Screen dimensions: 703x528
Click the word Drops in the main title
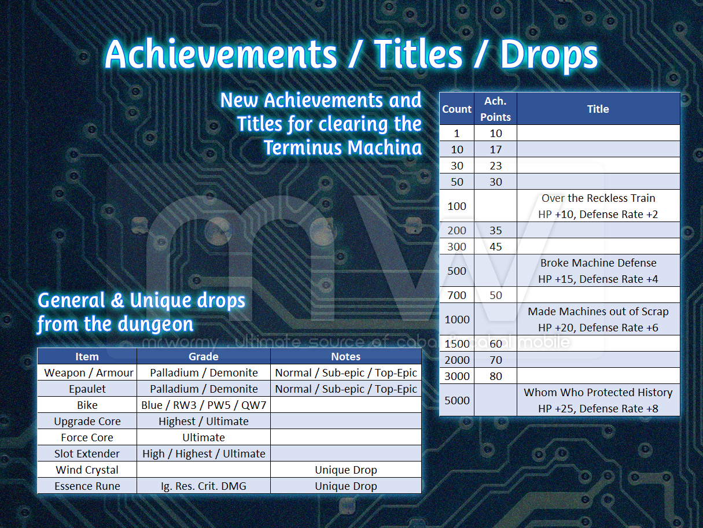pyautogui.click(x=549, y=54)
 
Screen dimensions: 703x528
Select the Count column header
pyautogui.click(x=457, y=109)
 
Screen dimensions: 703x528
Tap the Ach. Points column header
pyautogui.click(x=495, y=109)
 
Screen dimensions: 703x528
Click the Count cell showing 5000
pyautogui.click(x=457, y=400)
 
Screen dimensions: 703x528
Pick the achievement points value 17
pyautogui.click(x=495, y=149)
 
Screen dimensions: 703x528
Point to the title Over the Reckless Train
pyautogui.click(x=598, y=198)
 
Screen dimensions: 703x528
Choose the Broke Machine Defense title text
pyautogui.click(x=598, y=263)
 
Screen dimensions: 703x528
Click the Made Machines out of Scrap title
pyautogui.click(x=598, y=311)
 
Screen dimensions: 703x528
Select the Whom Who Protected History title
pyautogui.click(x=598, y=392)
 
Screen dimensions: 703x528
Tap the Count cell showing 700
pyautogui.click(x=457, y=295)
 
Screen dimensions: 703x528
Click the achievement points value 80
pyautogui.click(x=495, y=376)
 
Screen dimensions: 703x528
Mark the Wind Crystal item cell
pyautogui.click(x=87, y=470)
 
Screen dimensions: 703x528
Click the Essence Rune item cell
pyautogui.click(x=87, y=486)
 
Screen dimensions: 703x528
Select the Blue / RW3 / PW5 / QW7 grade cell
pyautogui.click(x=204, y=405)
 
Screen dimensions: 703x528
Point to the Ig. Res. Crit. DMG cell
pyautogui.click(x=204, y=486)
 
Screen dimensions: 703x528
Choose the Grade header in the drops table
pyautogui.click(x=204, y=356)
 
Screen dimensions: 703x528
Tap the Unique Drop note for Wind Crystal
pyautogui.click(x=346, y=470)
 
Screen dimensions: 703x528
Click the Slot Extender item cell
pyautogui.click(x=87, y=453)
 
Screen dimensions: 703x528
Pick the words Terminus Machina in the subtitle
pyautogui.click(x=343, y=147)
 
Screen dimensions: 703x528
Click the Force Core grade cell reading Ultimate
pyautogui.click(x=204, y=437)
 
